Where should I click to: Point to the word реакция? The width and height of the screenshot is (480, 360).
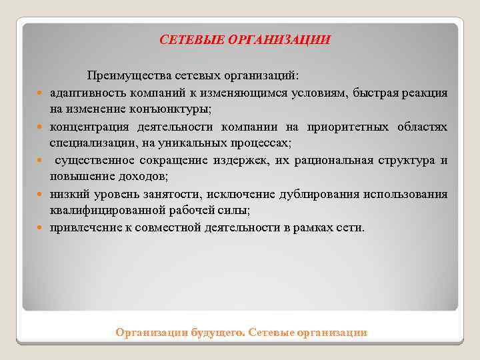425,93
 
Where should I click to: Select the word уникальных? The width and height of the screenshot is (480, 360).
200,143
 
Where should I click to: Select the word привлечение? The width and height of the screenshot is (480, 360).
81,228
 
